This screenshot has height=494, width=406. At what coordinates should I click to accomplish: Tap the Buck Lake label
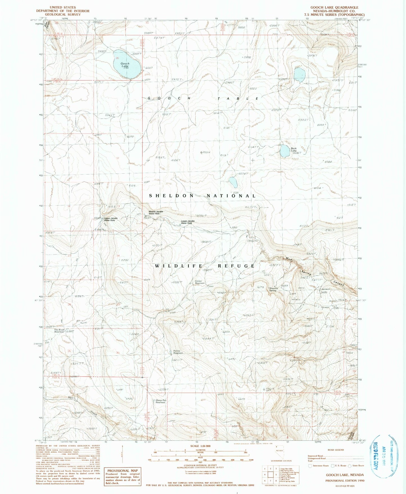pyautogui.click(x=294, y=149)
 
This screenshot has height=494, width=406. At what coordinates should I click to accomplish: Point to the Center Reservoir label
pyautogui.click(x=200, y=282)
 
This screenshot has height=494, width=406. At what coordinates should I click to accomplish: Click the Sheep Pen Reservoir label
pyautogui.click(x=161, y=401)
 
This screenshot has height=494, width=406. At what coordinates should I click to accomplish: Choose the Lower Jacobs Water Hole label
pyautogui.click(x=188, y=222)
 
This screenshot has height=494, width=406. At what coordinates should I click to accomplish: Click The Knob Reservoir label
pyautogui.click(x=59, y=331)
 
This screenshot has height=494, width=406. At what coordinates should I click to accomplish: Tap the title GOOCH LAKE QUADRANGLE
pyautogui.click(x=334, y=7)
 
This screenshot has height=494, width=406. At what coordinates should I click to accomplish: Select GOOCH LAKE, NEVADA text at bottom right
pyautogui.click(x=345, y=475)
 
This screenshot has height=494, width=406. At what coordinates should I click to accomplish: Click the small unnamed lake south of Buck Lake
pyautogui.click(x=233, y=182)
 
